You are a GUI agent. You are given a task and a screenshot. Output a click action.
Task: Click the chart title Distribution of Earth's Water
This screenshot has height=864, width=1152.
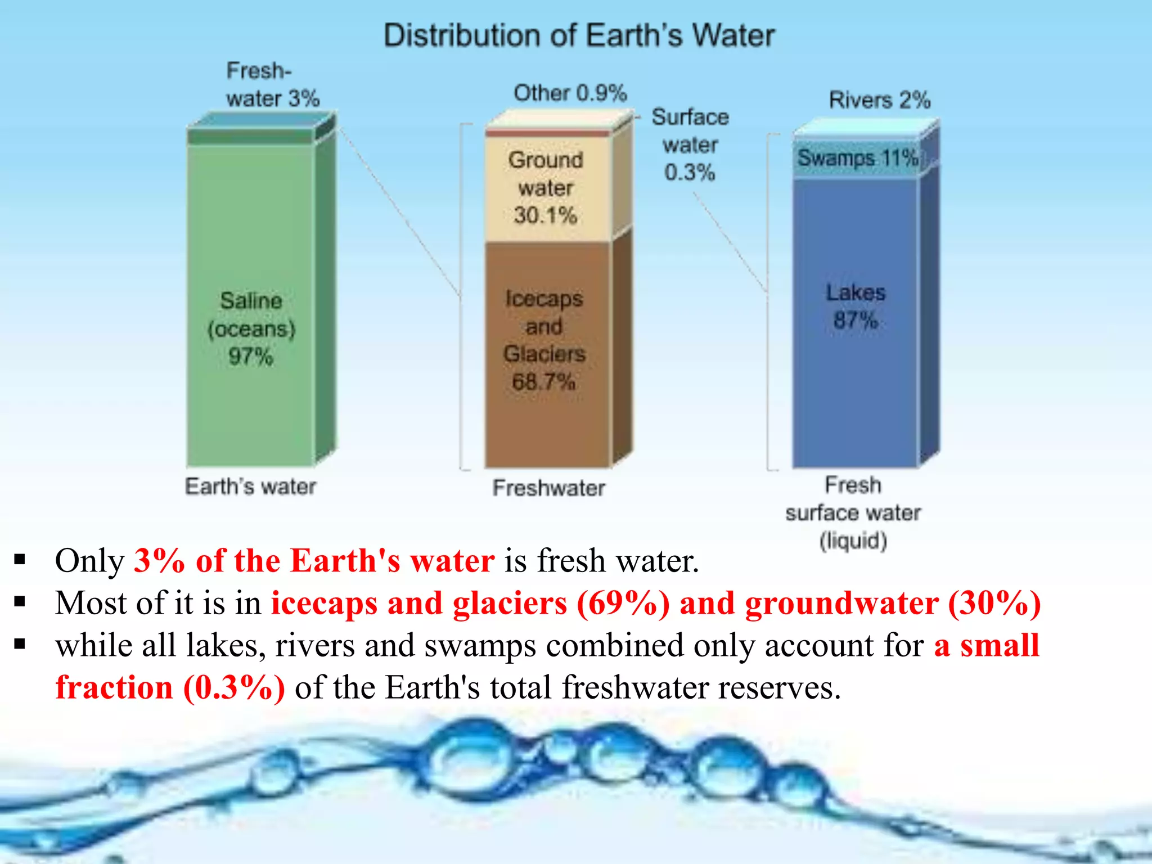579,35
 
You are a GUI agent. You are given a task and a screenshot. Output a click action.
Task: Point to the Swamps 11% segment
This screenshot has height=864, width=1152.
856,159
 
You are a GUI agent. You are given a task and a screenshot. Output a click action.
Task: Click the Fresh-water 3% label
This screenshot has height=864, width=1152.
273,85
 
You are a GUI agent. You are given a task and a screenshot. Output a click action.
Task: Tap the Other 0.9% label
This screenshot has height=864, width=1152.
570,93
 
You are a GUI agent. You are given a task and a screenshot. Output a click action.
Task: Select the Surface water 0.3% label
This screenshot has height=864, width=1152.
690,145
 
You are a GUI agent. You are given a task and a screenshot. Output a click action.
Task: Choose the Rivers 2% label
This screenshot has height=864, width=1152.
880,100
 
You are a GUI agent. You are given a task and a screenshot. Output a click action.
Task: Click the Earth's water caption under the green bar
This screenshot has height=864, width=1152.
251,487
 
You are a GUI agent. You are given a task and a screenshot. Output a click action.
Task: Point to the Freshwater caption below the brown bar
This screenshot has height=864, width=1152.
549,488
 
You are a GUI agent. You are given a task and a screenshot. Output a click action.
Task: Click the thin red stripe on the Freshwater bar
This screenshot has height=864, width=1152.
548,133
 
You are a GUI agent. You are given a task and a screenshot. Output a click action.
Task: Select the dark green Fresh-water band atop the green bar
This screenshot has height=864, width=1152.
251,137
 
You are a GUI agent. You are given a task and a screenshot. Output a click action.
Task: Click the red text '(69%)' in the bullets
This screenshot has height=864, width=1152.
623,604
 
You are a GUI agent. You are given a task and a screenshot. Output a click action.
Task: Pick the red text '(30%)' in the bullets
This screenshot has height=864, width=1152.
994,604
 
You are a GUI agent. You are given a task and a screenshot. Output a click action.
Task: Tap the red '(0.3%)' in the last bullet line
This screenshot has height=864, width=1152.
234,688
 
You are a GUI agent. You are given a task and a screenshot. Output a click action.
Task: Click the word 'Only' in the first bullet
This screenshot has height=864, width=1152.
89,561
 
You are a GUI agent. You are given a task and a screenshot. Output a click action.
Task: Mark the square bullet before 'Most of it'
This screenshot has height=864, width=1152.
20,602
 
